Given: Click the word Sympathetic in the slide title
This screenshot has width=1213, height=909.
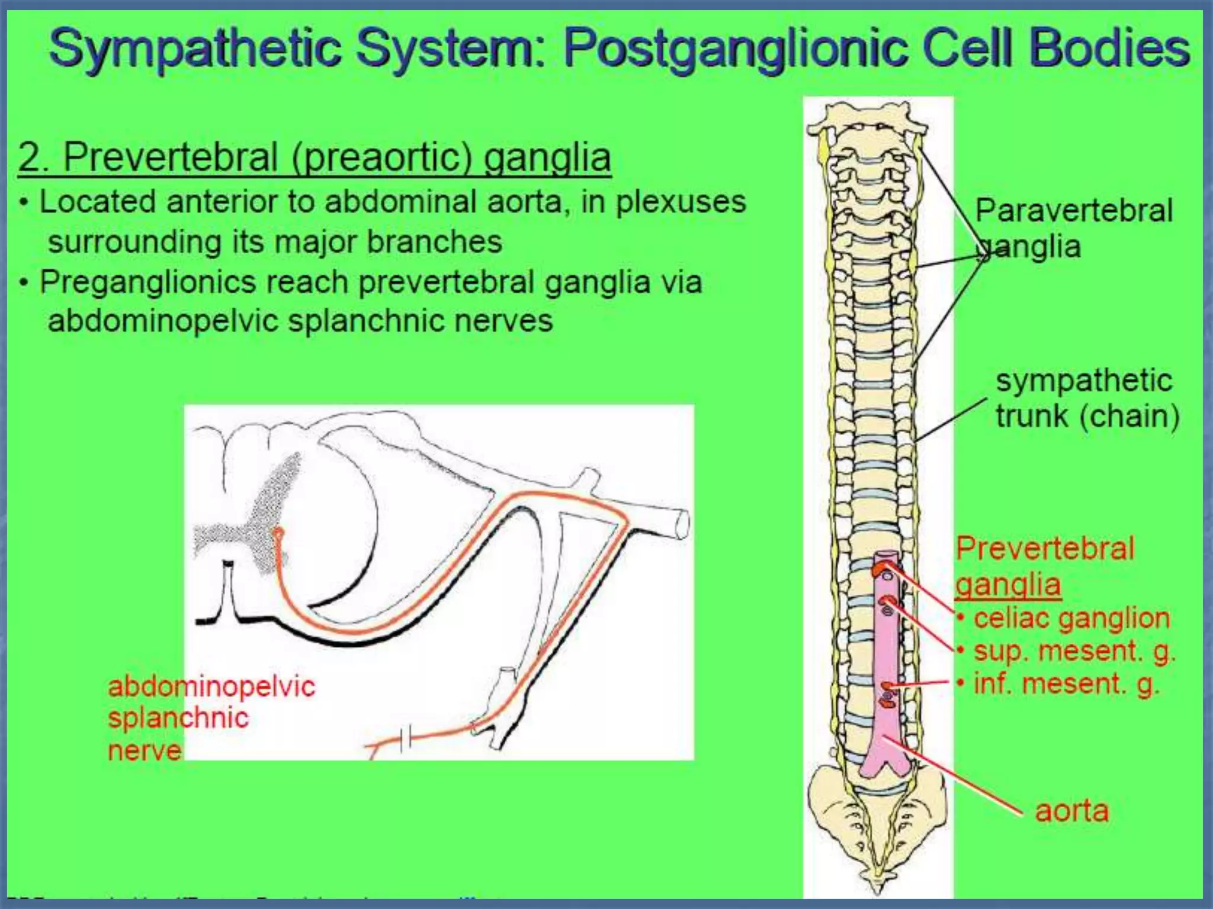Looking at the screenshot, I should pyautogui.click(x=195, y=49).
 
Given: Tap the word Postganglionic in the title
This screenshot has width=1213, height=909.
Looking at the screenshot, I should pyautogui.click(x=734, y=49).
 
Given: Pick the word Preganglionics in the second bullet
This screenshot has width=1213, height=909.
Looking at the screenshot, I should pyautogui.click(x=148, y=282).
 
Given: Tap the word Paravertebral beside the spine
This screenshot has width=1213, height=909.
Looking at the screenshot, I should pyautogui.click(x=1073, y=211).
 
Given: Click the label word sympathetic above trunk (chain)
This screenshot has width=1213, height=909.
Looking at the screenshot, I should pyautogui.click(x=1084, y=380).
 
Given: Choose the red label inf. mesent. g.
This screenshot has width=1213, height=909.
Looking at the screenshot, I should pyautogui.click(x=1066, y=684).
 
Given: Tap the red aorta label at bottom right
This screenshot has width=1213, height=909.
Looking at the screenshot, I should pyautogui.click(x=1071, y=811).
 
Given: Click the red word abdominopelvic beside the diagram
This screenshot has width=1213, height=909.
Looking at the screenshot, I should pyautogui.click(x=211, y=686).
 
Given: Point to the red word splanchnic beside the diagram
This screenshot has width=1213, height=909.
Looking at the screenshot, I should pyautogui.click(x=178, y=718).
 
